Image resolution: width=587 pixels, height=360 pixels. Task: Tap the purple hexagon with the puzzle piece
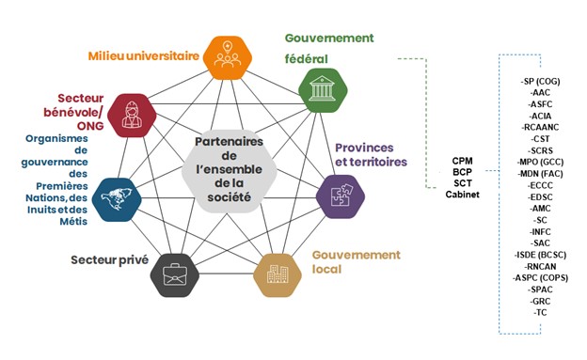tap(341, 196)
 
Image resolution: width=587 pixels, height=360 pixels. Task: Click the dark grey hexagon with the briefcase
tap(176, 274)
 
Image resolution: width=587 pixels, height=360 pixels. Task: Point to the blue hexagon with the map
tap(120, 196)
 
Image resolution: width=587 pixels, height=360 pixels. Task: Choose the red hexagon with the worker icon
tap(134, 113)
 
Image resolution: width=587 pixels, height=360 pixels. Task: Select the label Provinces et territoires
tap(371, 155)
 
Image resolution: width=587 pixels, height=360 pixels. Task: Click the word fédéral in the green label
tap(306, 58)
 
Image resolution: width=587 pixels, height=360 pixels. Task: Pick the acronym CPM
tap(463, 161)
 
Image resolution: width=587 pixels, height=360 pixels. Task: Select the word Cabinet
tap(463, 195)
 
